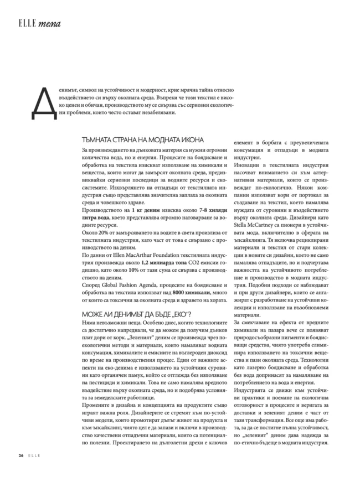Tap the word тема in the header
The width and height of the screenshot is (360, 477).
48,24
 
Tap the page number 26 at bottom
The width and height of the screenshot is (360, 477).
19,455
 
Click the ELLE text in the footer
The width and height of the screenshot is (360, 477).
35,455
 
